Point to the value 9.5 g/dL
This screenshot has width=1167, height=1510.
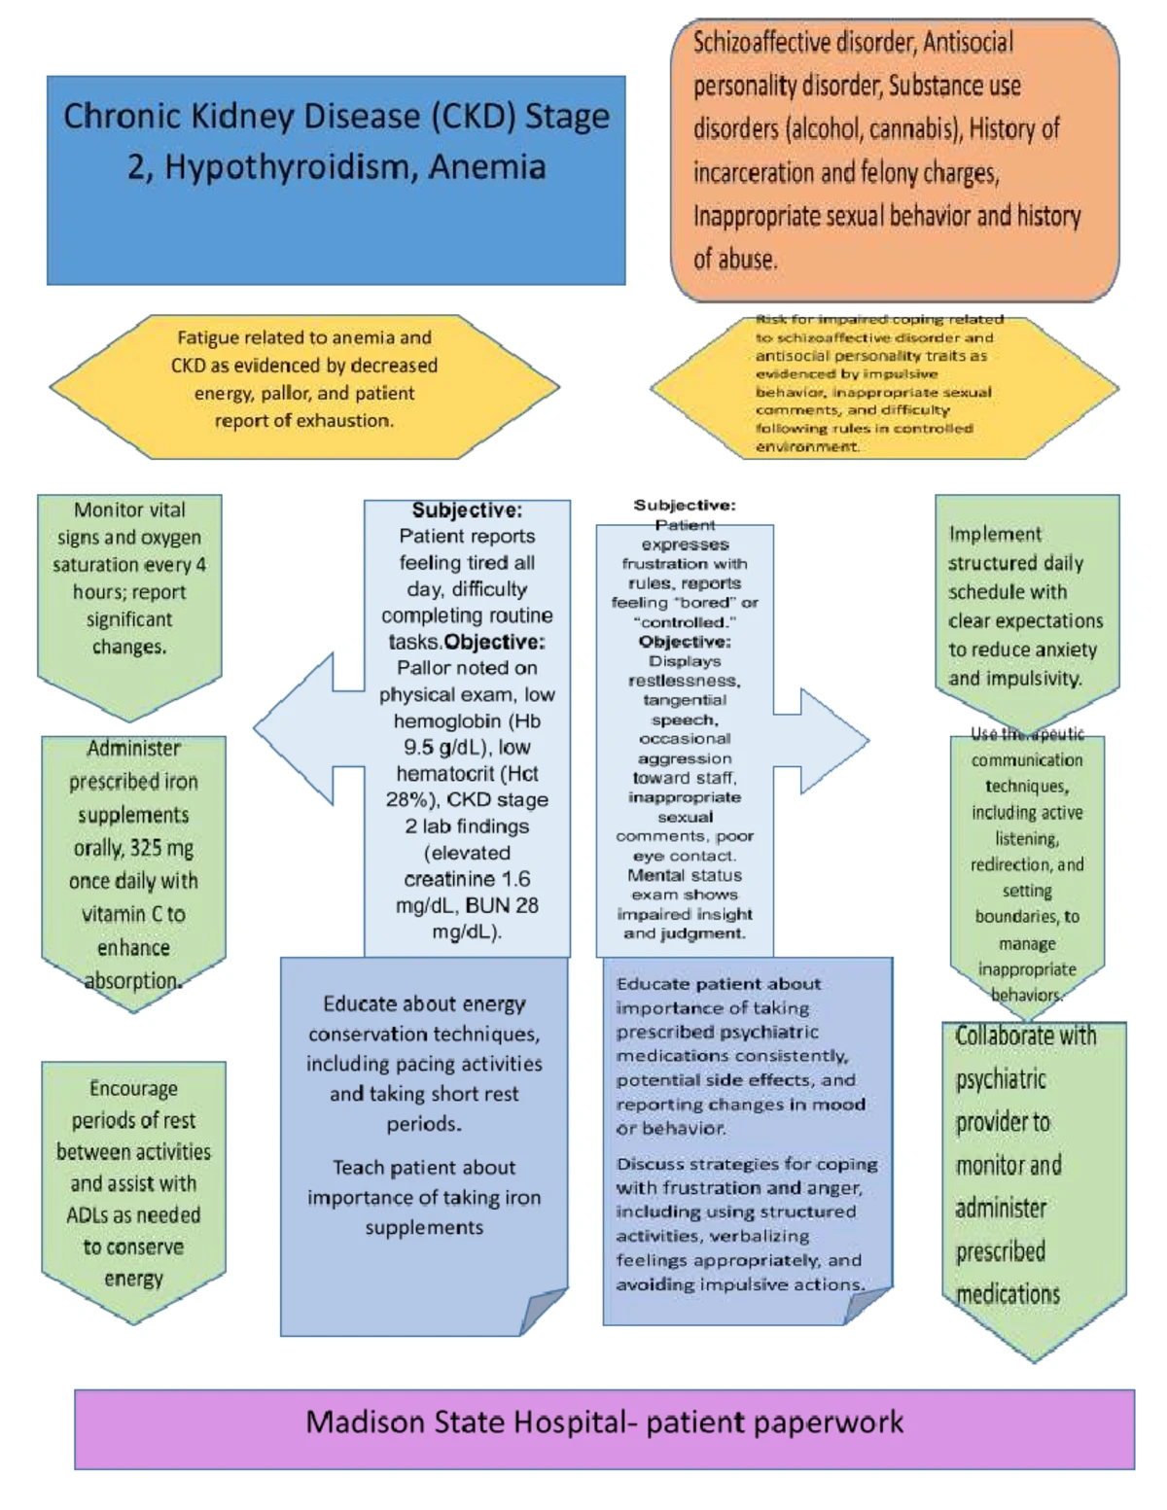[x=448, y=748]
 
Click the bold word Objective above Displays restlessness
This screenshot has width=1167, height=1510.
[x=684, y=642]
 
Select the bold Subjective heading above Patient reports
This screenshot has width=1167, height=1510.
[x=466, y=510]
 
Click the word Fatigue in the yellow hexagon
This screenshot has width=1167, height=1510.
[x=208, y=338]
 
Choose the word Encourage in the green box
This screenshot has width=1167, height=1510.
[x=133, y=1089]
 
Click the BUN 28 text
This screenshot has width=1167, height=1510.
[x=501, y=905]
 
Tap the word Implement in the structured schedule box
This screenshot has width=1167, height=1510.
[x=981, y=534]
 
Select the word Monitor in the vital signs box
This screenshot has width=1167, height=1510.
[x=101, y=510]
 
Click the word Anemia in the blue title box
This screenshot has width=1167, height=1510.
[x=486, y=168]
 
